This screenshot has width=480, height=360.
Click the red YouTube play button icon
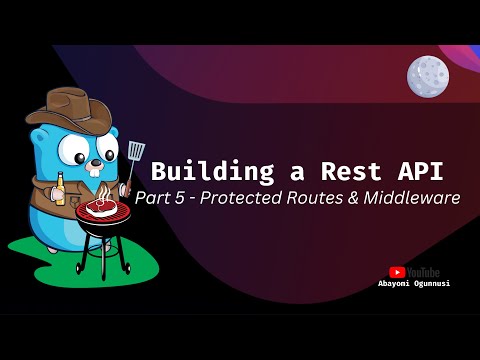coord(397,271)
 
